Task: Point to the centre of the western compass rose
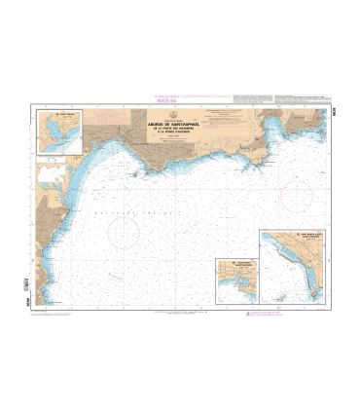pyautogui.click(x=125, y=233)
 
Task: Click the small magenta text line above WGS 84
pyautogui.click(x=157, y=95)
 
